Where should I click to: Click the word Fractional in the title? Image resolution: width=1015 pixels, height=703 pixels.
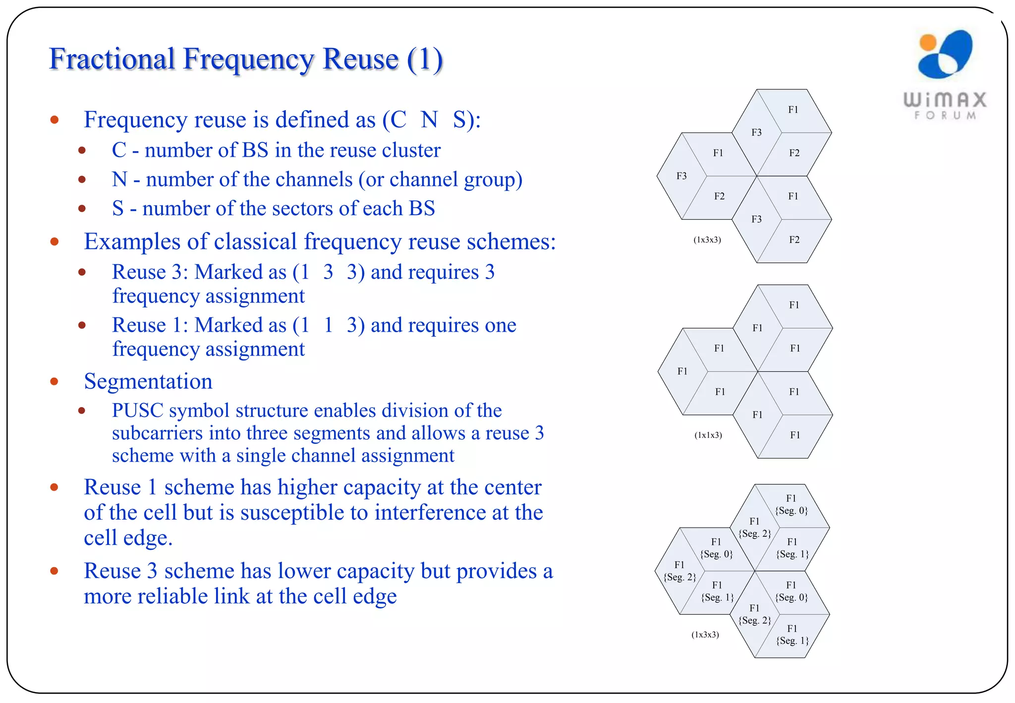112,59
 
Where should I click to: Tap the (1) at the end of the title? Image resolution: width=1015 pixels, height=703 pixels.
425,59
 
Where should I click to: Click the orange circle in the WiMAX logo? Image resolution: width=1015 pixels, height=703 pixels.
927,42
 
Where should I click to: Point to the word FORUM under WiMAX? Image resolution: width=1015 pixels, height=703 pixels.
945,116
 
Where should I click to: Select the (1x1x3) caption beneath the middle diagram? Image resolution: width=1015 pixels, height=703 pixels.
708,435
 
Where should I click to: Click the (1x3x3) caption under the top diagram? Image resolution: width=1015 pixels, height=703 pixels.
707,240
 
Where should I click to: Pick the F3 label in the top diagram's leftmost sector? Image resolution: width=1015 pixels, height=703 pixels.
681,176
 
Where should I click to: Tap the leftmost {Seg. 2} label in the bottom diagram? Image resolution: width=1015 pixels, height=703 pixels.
679,577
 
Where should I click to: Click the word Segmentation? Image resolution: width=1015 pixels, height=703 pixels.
148,382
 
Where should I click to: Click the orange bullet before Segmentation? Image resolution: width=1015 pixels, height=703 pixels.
55,382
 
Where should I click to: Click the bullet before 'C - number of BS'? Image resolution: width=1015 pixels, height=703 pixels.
82,150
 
